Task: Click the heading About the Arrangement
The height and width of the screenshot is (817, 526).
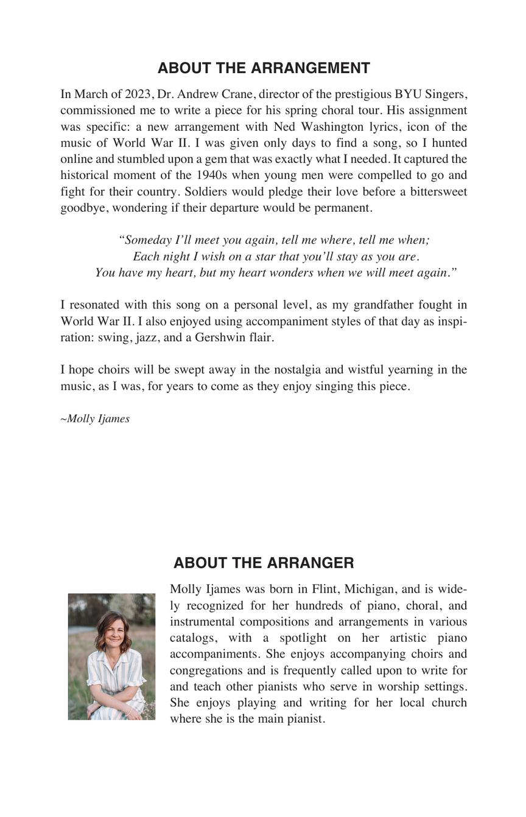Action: (x=263, y=68)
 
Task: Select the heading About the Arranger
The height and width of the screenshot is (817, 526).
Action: (x=263, y=563)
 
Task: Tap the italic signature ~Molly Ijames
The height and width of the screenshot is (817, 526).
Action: (x=95, y=419)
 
